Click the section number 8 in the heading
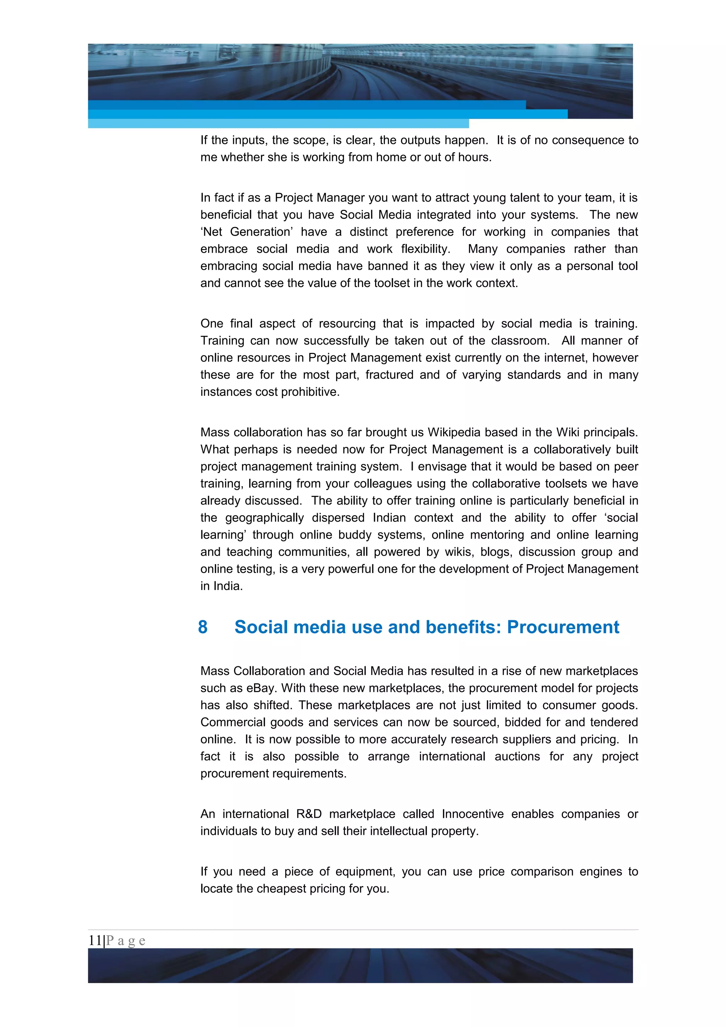(x=203, y=627)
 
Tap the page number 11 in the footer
(x=95, y=940)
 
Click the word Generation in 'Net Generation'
(x=260, y=232)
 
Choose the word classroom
(x=519, y=341)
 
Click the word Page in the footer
(x=126, y=940)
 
